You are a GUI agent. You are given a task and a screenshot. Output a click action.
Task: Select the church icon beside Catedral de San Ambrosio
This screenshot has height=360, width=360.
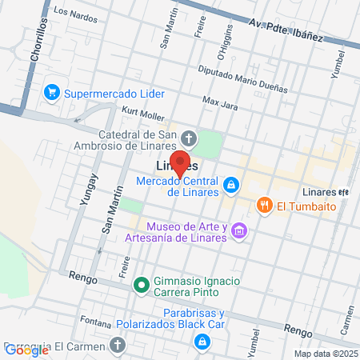click(189, 135)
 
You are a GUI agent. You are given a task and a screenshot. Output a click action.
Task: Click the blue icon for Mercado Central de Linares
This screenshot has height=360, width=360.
click(230, 186)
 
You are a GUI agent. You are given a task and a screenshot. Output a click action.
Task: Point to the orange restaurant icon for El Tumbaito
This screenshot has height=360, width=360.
click(264, 206)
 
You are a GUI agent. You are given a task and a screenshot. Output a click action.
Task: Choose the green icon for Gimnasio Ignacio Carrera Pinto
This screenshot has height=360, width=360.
click(142, 283)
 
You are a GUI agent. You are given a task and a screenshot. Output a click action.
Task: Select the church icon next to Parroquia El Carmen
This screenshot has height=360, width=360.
click(118, 346)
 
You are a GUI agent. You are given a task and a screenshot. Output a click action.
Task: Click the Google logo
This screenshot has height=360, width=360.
click(26, 350)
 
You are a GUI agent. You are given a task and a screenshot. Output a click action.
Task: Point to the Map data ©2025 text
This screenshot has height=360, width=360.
click(324, 354)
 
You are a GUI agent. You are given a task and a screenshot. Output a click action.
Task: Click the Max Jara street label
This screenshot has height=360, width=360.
click(221, 102)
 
